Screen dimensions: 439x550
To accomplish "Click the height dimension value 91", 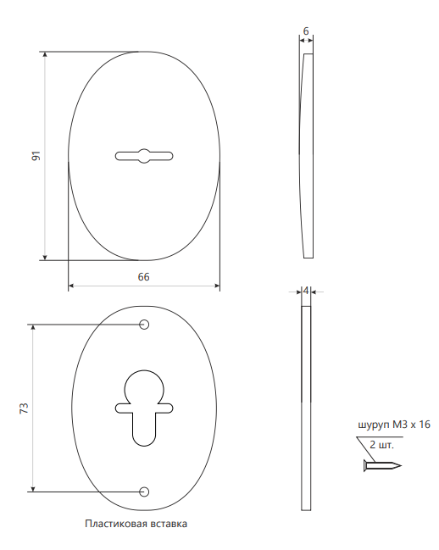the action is click(36, 156).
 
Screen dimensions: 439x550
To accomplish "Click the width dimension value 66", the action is click(144, 277).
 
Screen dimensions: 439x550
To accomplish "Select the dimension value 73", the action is click(24, 408).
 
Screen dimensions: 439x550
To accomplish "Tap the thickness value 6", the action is click(306, 31).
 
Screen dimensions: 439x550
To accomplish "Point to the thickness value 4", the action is click(306, 291).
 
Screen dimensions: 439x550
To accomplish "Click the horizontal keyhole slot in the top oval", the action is click(144, 156).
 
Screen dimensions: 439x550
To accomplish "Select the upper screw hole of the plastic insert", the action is click(144, 325).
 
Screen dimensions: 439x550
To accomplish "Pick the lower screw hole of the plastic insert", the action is click(144, 492).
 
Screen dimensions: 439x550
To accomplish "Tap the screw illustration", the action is click(382, 466).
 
